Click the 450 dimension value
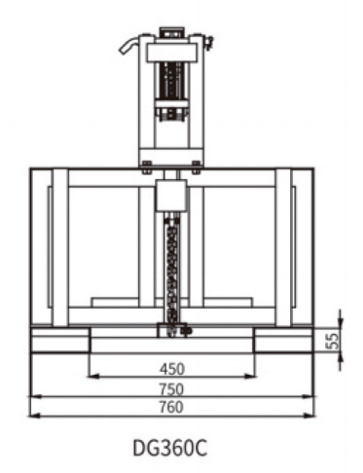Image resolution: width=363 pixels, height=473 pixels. [x=172, y=369]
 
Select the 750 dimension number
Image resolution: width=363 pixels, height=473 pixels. [x=171, y=389]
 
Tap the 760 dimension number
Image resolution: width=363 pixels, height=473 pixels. [x=171, y=407]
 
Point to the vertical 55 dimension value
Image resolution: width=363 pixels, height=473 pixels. [x=332, y=341]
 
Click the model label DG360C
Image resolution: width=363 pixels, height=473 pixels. [x=170, y=448]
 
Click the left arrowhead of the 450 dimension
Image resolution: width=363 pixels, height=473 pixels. [x=93, y=377]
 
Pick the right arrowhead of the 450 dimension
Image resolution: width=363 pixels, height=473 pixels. [x=250, y=377]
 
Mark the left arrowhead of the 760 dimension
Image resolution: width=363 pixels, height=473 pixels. [x=34, y=416]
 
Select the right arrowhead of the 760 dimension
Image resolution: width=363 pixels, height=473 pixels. [x=309, y=416]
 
